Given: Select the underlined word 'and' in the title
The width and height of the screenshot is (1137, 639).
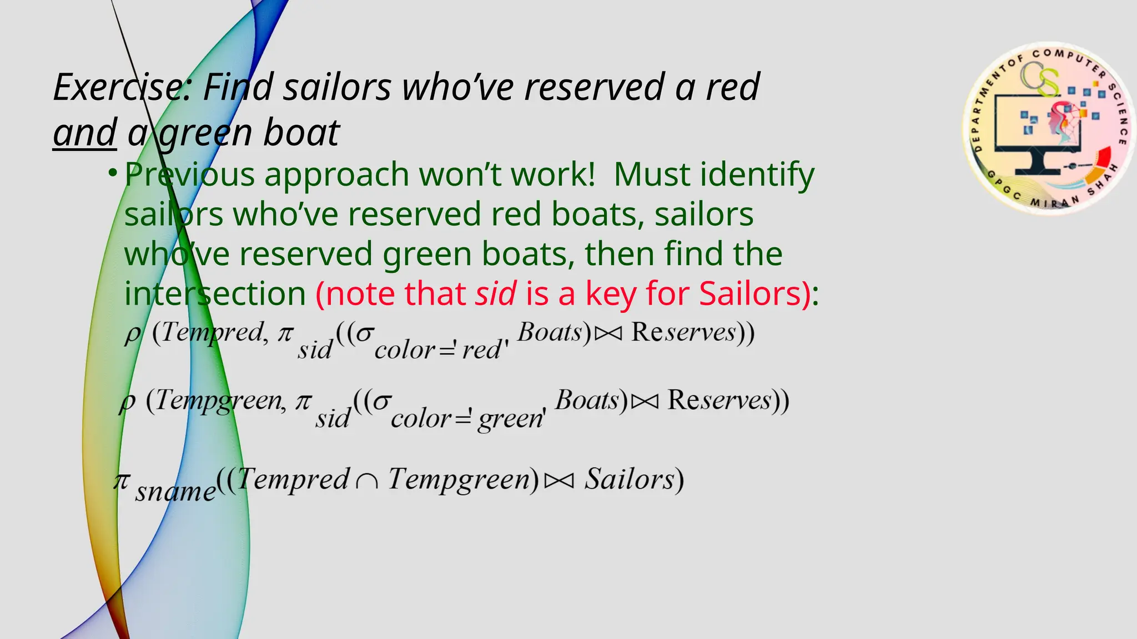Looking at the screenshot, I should (x=85, y=133).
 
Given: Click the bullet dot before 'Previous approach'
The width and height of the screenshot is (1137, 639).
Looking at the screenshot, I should (x=113, y=173).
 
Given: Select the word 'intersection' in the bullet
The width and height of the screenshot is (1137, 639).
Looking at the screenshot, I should (x=215, y=293).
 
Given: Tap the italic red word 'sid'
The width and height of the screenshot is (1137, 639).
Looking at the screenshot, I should (x=496, y=293).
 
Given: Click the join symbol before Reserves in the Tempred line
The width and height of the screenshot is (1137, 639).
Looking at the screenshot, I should (x=608, y=333).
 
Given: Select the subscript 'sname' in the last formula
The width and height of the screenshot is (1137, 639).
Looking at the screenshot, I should (x=175, y=491).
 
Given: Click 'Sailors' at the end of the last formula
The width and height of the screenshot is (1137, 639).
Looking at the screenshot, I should (x=630, y=479).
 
